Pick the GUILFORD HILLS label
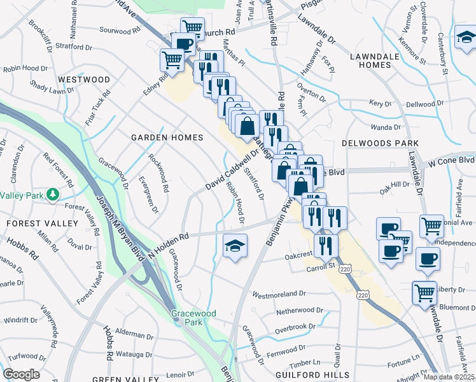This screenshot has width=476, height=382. click(x=312, y=374)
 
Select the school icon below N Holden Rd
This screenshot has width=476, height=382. click(x=235, y=248)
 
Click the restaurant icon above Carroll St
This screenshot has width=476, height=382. click(x=326, y=245)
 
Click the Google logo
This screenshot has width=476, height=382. click(x=21, y=374)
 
